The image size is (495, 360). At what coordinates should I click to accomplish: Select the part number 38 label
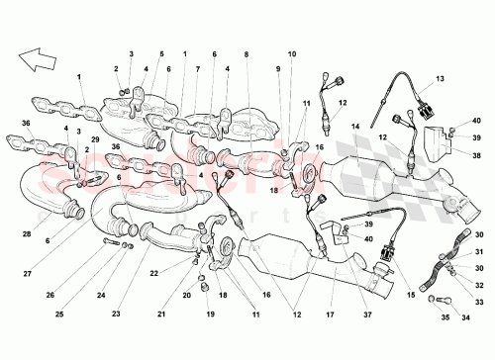pyautogui.click(x=474, y=155)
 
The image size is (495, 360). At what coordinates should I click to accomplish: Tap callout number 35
pyautogui.click(x=445, y=317)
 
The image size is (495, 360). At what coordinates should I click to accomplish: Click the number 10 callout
pyautogui.click(x=291, y=53)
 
